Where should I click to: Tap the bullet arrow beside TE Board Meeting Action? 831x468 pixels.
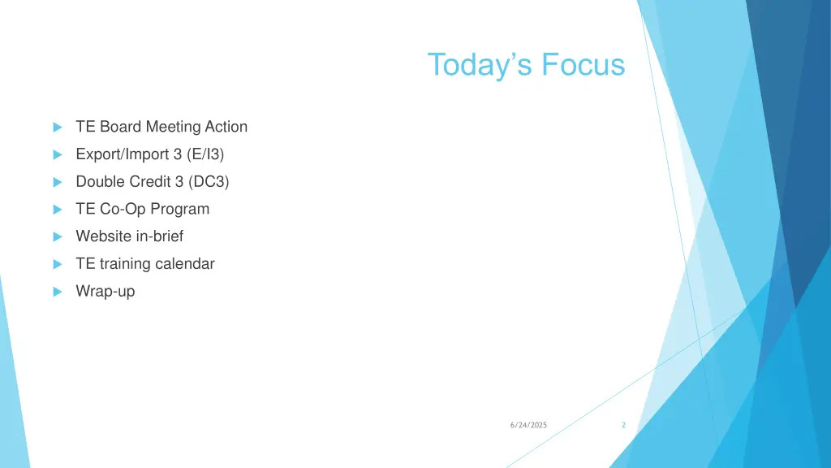tap(57, 128)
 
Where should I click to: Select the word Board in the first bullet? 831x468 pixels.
tap(120, 127)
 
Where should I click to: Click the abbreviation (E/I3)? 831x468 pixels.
tap(205, 154)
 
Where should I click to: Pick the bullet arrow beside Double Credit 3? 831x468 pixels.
tap(57, 183)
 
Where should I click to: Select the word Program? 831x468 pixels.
tap(179, 210)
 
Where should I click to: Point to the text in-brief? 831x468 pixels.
tap(159, 236)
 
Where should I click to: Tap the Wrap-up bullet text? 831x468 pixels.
tap(105, 292)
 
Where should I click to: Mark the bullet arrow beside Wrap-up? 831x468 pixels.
tap(57, 292)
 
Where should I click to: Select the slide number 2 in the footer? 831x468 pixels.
tap(622, 426)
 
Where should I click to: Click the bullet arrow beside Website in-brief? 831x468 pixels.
tap(57, 237)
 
